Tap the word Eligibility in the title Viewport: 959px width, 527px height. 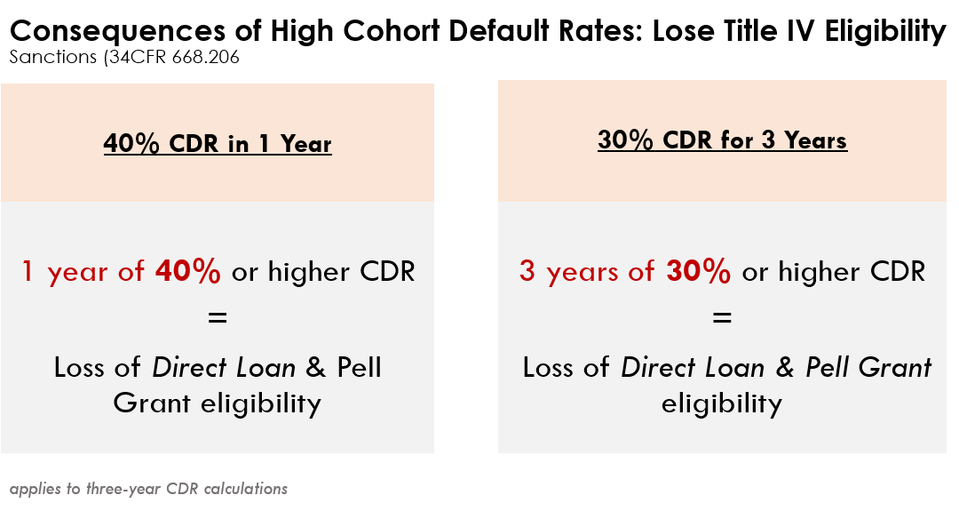[x=885, y=31]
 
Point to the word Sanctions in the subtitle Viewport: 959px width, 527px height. [x=53, y=57]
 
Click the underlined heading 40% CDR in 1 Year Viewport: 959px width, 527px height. [x=218, y=144]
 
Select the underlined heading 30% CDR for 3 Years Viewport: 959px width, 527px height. [x=722, y=140]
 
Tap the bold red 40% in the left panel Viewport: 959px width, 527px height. [x=187, y=271]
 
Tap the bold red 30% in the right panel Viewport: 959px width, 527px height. [x=699, y=271]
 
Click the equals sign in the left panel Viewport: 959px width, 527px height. [x=218, y=317]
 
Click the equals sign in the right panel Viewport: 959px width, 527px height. [x=722, y=317]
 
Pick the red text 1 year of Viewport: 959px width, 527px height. [x=83, y=272]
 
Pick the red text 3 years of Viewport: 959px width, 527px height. [x=587, y=272]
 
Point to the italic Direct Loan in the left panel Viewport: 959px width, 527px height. [x=224, y=367]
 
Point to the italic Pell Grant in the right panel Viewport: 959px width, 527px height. [x=868, y=367]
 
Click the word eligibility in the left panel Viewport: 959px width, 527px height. [x=261, y=404]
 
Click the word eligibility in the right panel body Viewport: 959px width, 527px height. [x=722, y=404]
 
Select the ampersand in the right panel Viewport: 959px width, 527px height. [x=785, y=367]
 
